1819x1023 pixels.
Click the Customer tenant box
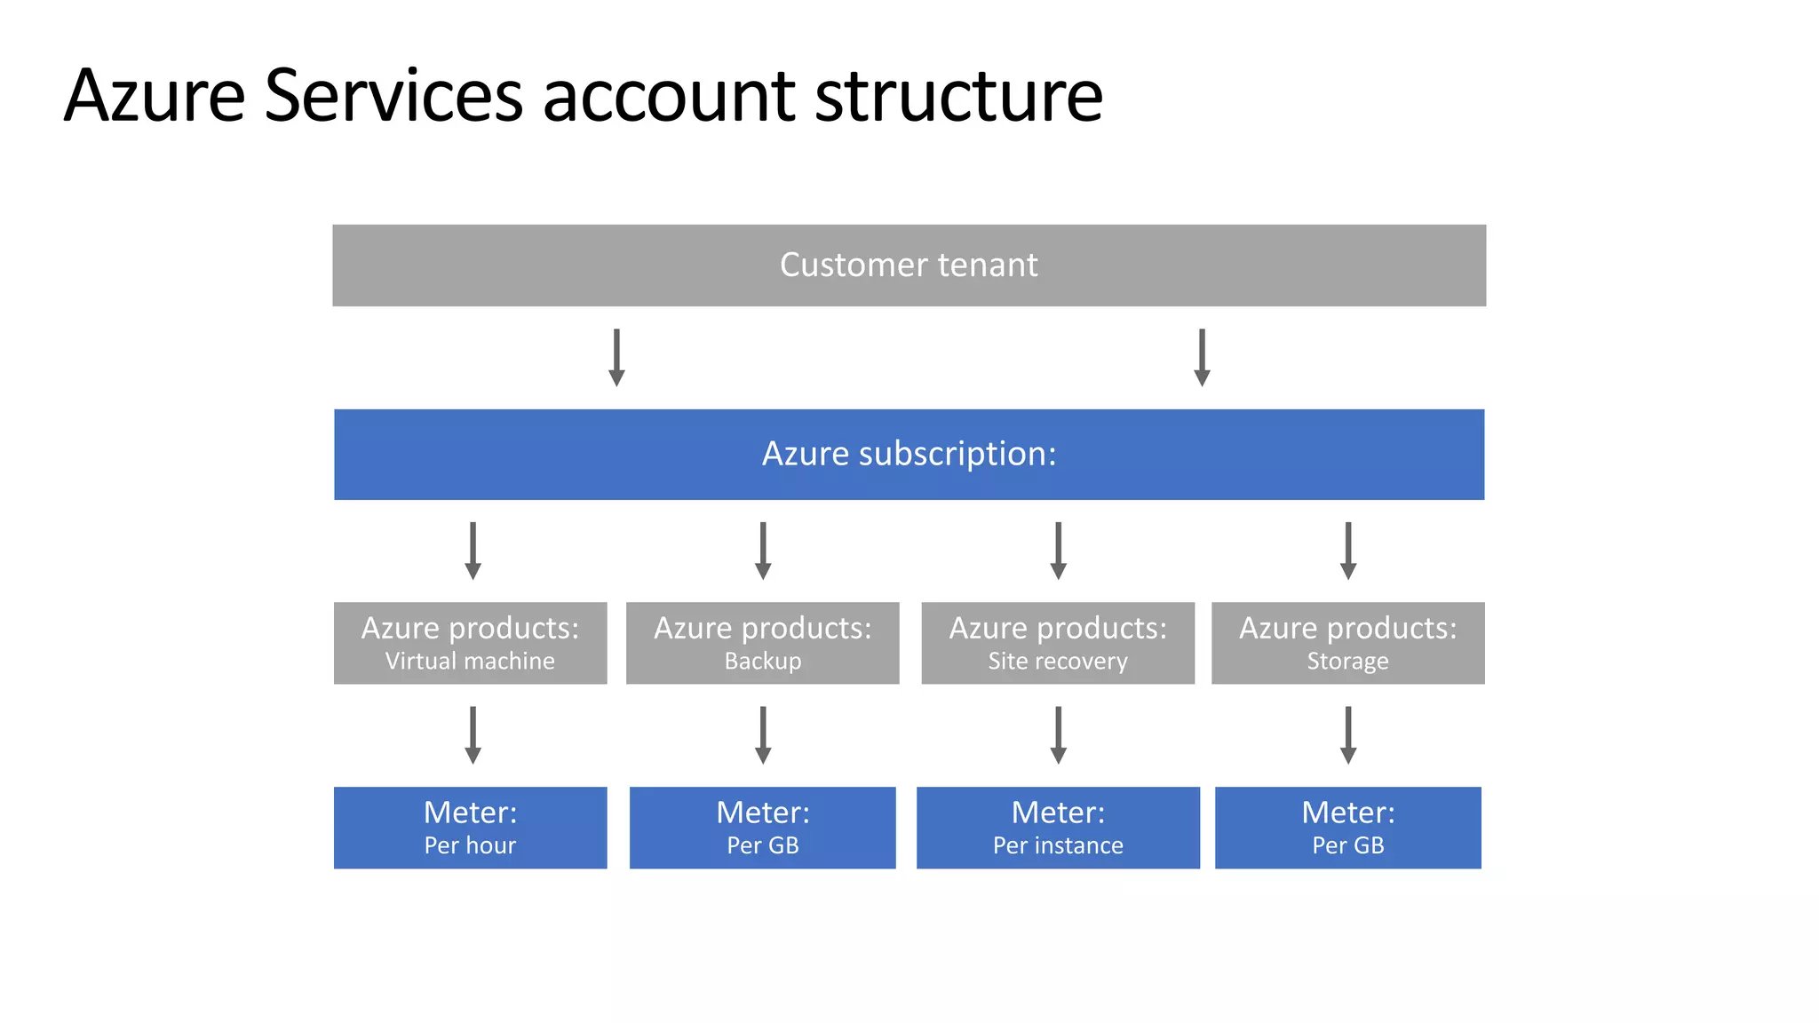tap(909, 266)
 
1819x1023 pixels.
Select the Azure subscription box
tap(909, 454)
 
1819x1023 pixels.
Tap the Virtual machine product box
tap(470, 643)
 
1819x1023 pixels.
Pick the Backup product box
tap(762, 643)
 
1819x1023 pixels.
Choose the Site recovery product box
tap(1057, 643)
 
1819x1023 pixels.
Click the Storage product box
tap(1347, 643)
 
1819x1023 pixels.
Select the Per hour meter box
tap(470, 828)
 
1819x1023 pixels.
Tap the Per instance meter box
tap(1057, 828)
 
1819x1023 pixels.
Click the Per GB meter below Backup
tap(762, 828)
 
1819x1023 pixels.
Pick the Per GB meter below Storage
tap(1347, 828)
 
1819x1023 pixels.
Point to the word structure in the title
tap(958, 96)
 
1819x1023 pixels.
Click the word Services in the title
tap(393, 96)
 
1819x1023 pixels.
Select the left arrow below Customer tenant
tap(616, 357)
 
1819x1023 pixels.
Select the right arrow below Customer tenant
tap(1202, 357)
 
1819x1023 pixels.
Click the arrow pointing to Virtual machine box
tap(473, 551)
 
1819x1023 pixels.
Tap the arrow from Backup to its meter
tap(763, 734)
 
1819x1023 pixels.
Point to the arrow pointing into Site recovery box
tap(1058, 551)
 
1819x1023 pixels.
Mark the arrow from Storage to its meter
tap(1348, 734)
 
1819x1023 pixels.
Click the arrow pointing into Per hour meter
tap(473, 734)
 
